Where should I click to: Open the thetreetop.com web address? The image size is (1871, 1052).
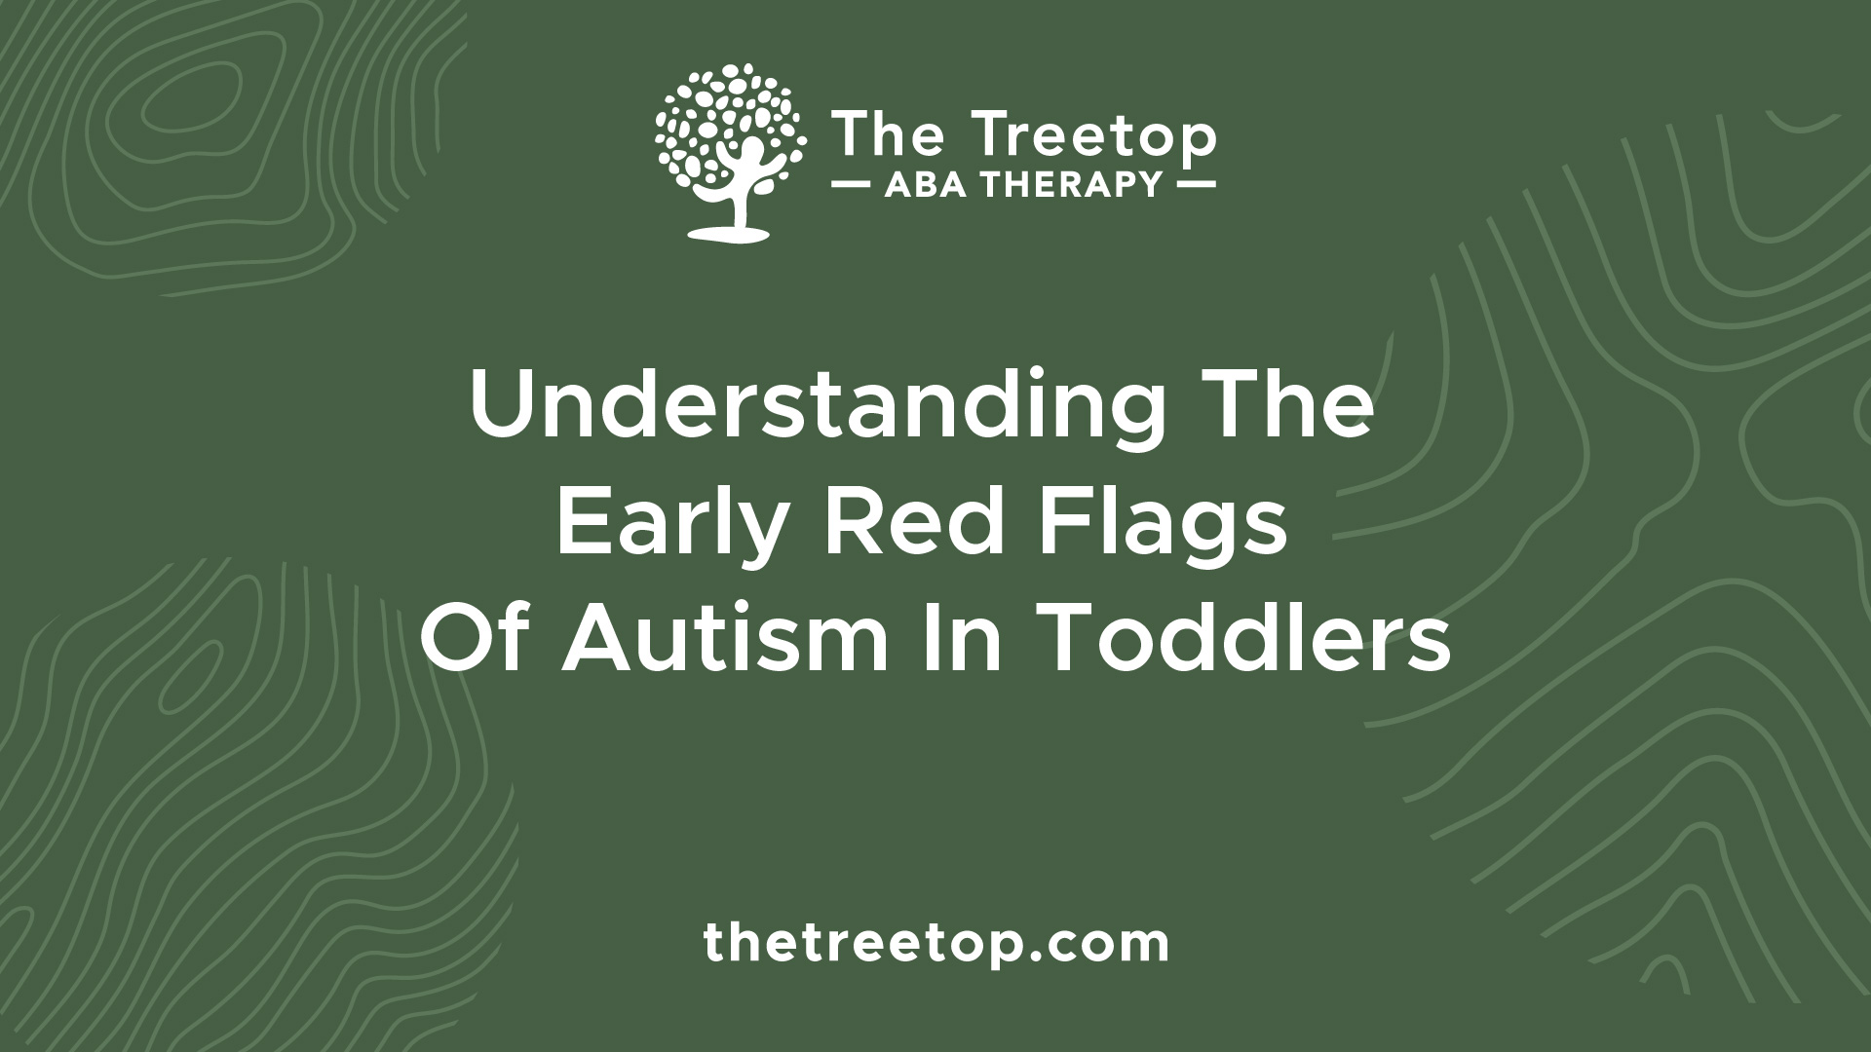tap(935, 943)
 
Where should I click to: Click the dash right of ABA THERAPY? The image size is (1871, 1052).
tap(1195, 184)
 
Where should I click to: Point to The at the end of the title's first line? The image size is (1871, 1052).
tap(1292, 406)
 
